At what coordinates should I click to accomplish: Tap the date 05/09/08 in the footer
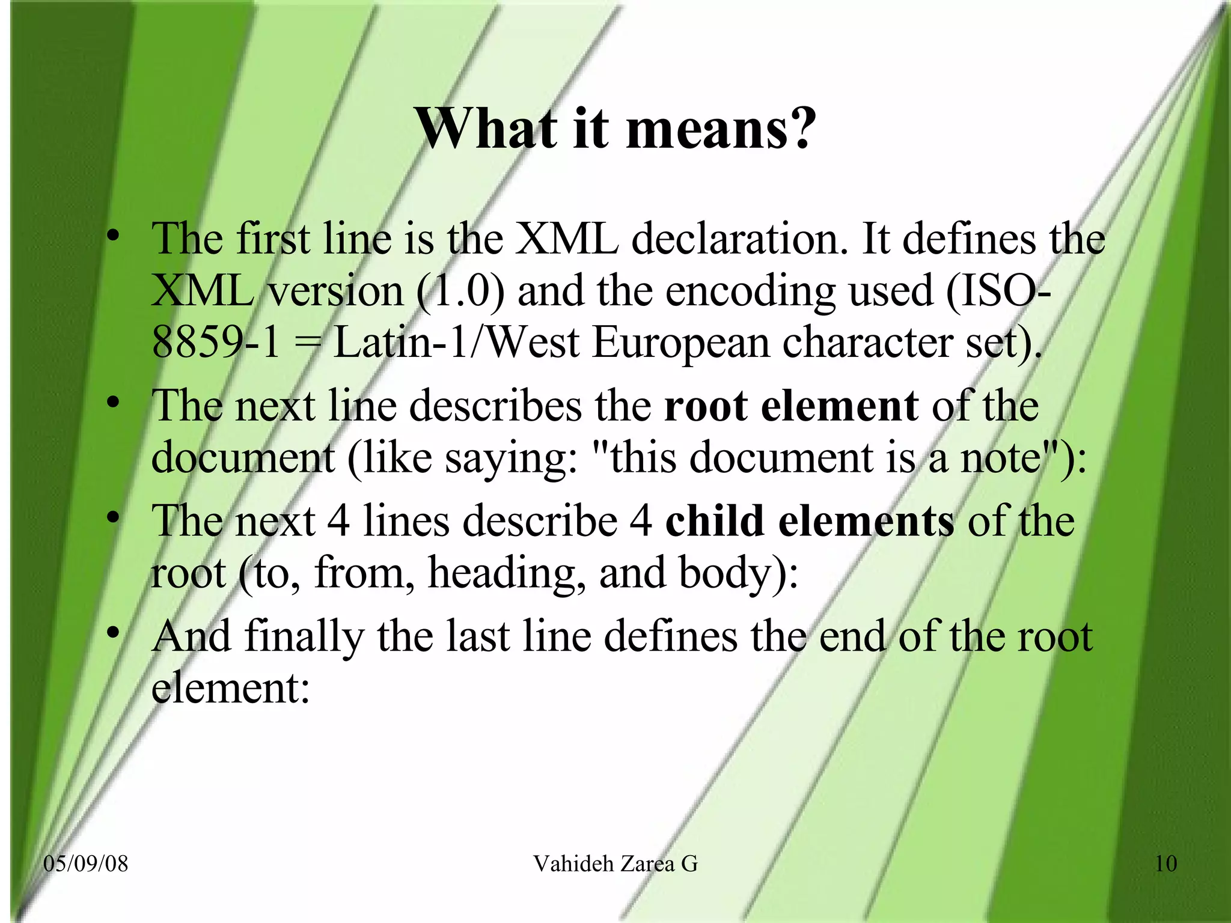pos(86,864)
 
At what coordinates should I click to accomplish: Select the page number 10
pos(1165,864)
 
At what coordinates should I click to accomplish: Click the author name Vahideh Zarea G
pos(615,864)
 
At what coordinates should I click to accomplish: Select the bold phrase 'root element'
pos(791,406)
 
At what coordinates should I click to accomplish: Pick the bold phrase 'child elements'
pos(809,520)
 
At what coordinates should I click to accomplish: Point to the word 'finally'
pos(304,637)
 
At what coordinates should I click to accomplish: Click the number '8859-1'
pos(216,343)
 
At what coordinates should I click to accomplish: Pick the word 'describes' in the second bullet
pos(495,406)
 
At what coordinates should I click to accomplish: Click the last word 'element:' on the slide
pos(230,687)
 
